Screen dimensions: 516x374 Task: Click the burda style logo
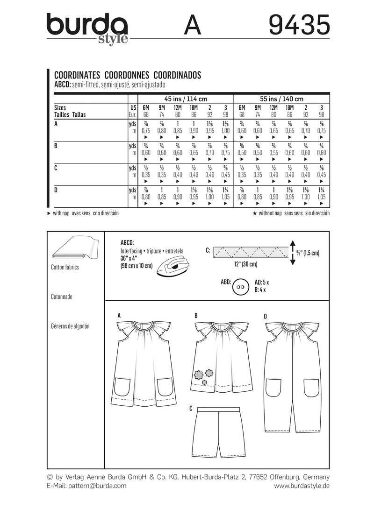coord(87,27)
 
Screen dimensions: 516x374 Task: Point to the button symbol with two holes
coord(241,287)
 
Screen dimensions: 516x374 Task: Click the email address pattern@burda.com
coord(97,486)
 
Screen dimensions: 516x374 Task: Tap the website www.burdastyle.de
coord(302,486)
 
